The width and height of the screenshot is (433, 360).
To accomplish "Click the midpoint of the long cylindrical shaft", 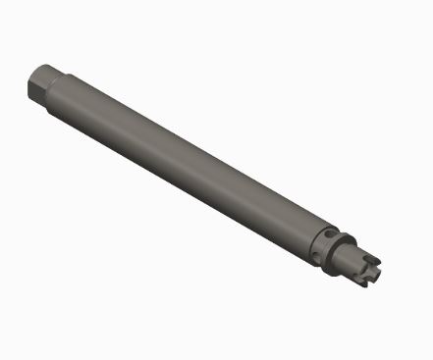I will tap(187, 161).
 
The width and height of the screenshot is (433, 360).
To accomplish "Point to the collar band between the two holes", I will tap(325, 245).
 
